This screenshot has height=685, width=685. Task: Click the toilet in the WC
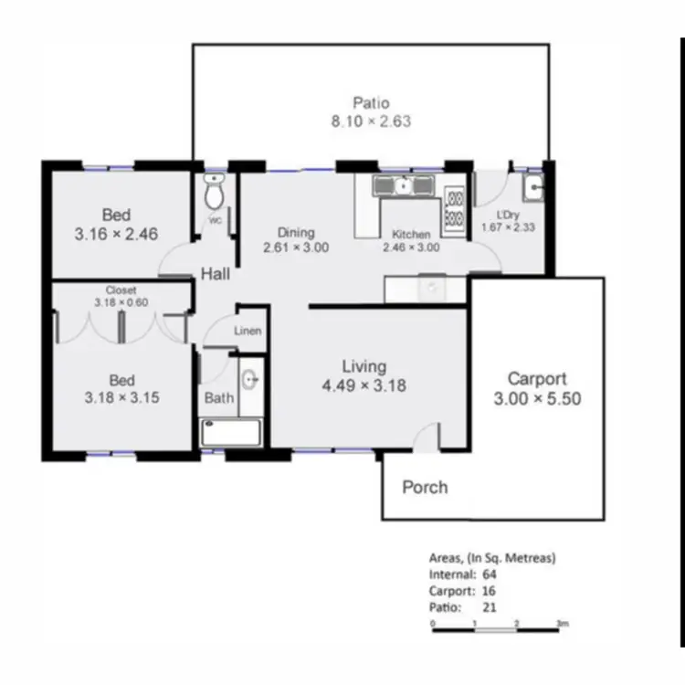point(215,193)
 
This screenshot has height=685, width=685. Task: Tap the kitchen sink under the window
point(402,186)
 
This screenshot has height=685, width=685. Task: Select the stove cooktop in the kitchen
point(454,209)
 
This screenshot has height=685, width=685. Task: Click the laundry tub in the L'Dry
point(533,189)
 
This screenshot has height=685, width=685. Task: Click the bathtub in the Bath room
point(231,433)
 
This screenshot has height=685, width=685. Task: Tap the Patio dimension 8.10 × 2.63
point(371,121)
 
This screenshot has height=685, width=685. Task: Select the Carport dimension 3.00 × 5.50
point(537,399)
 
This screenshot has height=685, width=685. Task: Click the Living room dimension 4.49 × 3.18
point(364,385)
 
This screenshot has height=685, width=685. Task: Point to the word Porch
point(425,487)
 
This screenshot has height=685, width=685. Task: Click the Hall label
point(216,273)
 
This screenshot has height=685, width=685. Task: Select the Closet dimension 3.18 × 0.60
point(121,302)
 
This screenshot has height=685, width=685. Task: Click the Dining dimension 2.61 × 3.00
point(296,248)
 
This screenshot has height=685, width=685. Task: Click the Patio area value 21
point(488,606)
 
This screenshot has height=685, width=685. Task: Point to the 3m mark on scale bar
point(563,623)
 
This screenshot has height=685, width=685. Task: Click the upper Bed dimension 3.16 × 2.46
point(116,234)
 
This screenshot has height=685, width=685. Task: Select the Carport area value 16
point(488,590)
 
